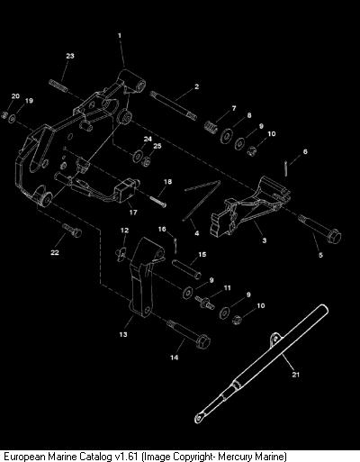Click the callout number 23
click(70, 56)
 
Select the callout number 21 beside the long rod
click(296, 375)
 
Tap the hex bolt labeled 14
click(189, 333)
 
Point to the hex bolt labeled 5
click(319, 227)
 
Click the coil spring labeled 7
click(211, 125)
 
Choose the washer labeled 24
click(138, 156)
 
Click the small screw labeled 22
click(72, 230)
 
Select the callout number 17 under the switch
click(133, 213)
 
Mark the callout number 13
click(123, 334)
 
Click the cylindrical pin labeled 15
click(187, 269)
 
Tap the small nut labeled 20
click(4, 114)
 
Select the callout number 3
click(265, 240)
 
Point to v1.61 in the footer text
click(127, 457)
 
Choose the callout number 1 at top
click(120, 36)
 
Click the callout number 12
click(125, 231)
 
